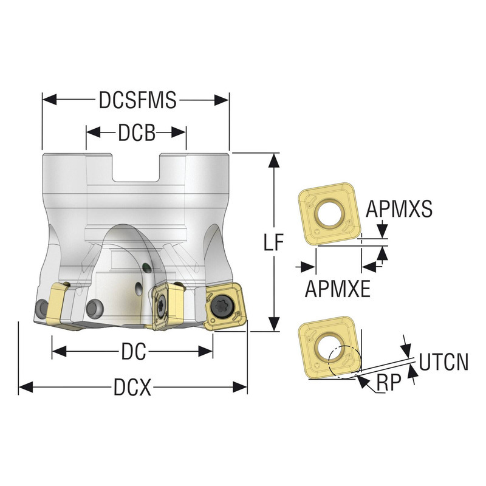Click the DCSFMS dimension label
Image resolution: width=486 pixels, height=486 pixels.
(137, 100)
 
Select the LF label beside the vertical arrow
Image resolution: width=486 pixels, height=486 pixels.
(274, 242)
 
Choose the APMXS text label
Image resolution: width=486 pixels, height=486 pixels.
(399, 209)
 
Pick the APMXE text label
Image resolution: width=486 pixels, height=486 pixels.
(338, 289)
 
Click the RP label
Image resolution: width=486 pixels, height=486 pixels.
(388, 383)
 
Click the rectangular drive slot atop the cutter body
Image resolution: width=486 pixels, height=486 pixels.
(136, 167)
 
